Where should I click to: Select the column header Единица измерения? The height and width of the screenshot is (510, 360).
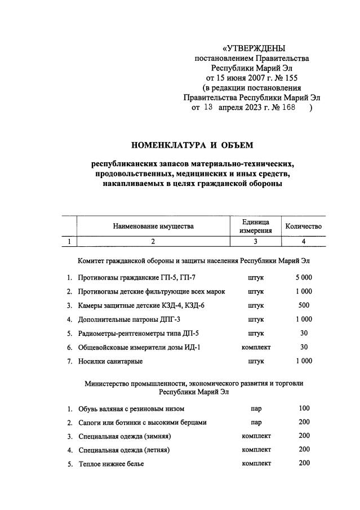coord(255,226)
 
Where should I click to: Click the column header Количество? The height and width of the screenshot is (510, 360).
coord(303,226)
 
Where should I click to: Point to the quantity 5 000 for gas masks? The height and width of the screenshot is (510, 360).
coord(303,278)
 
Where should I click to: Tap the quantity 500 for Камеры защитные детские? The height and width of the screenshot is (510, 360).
coord(303,305)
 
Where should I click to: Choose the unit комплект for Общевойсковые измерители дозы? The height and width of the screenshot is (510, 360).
coord(256,347)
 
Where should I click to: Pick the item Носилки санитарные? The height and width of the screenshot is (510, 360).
coord(110,361)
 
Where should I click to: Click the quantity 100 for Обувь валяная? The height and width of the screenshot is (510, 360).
coord(304,408)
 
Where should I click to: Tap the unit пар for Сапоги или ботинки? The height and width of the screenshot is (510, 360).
coord(256,422)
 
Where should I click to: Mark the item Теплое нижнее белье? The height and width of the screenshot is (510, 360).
coord(112,464)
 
